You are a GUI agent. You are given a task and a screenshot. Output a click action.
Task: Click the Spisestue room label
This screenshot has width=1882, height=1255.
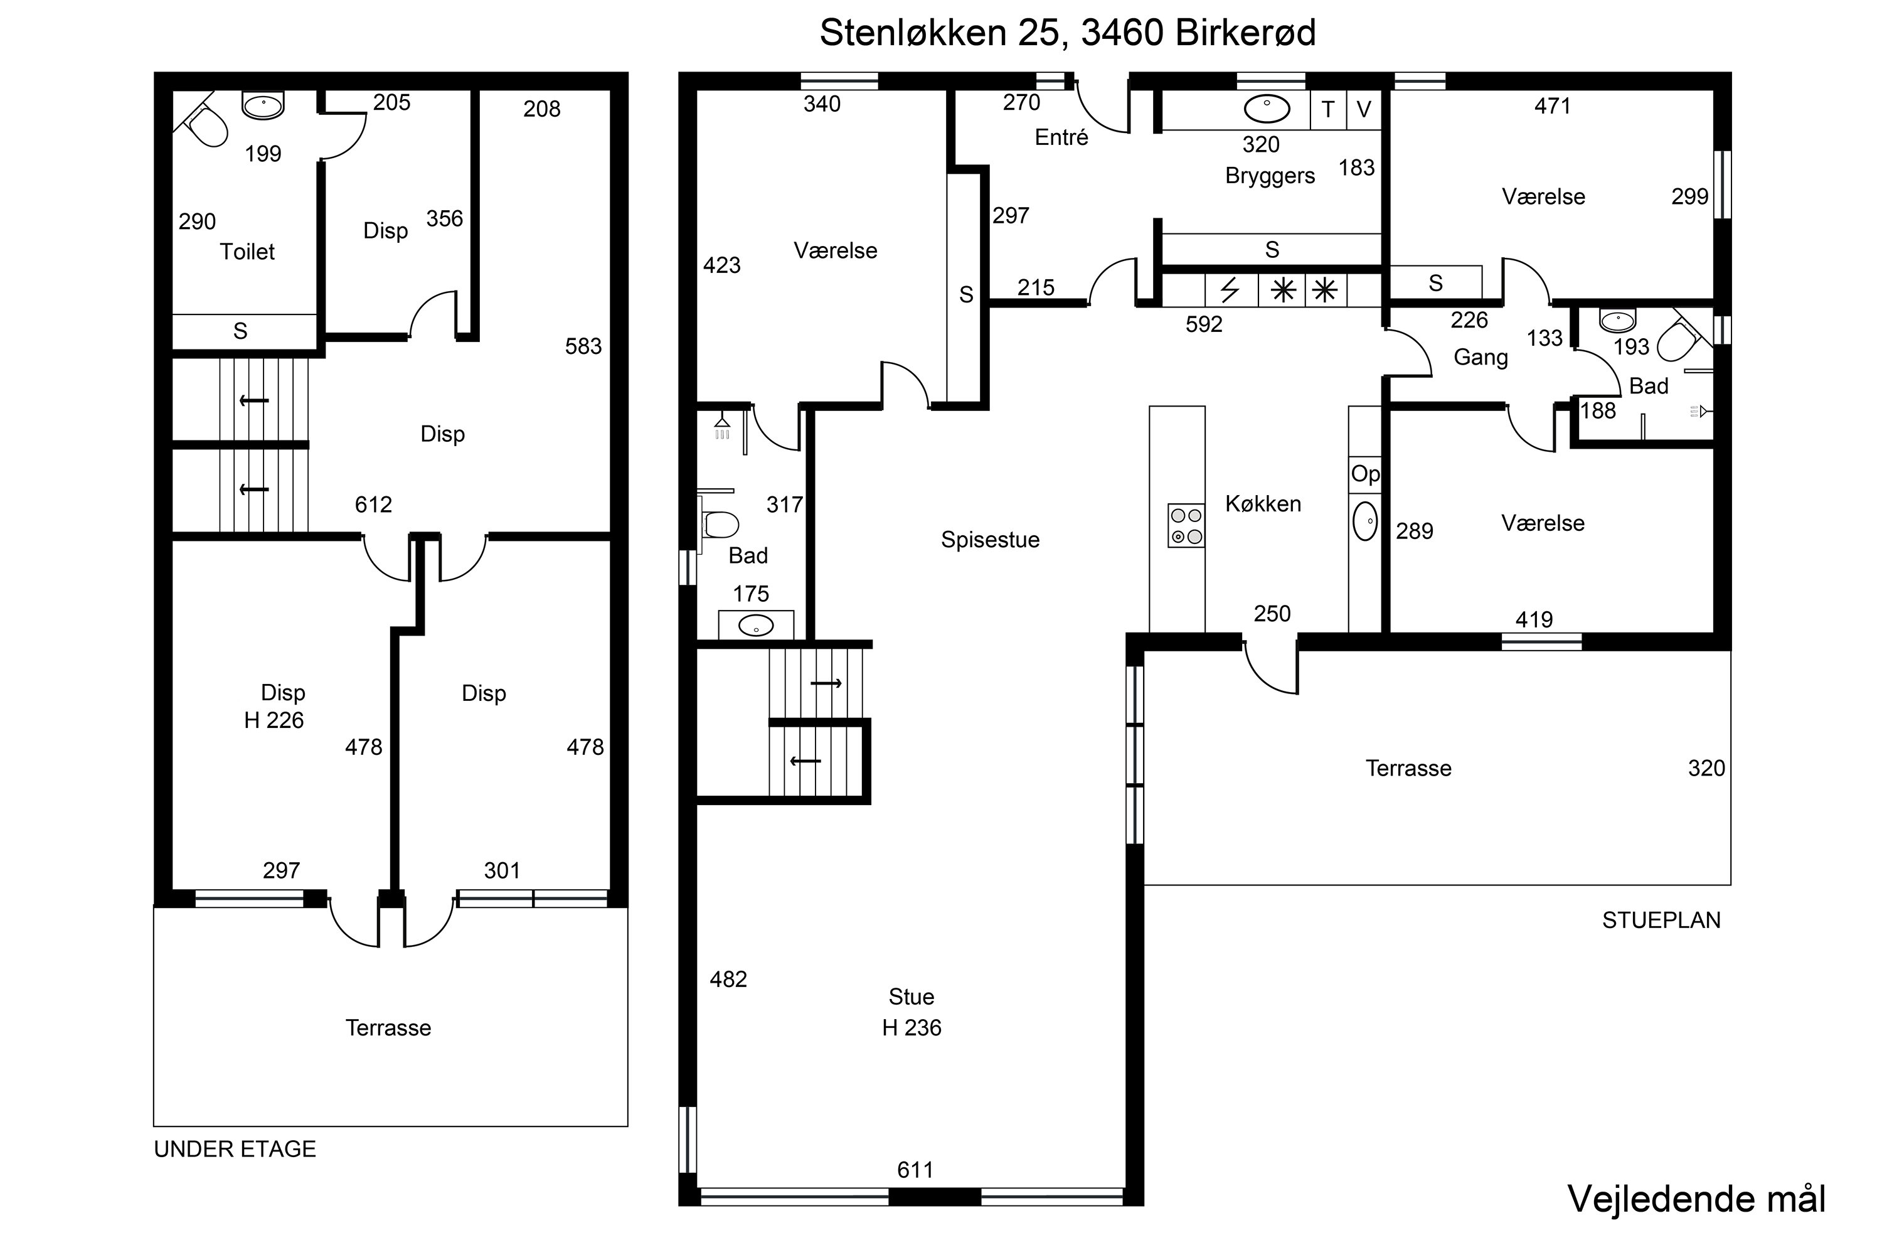(990, 540)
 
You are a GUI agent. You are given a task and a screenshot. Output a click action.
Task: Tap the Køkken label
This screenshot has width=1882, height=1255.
(1263, 505)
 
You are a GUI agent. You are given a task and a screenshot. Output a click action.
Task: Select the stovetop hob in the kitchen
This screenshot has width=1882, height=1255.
(1186, 526)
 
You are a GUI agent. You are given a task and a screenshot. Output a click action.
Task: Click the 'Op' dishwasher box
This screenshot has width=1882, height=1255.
(1365, 474)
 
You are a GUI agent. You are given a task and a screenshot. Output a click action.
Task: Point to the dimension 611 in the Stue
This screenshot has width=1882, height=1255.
(915, 1170)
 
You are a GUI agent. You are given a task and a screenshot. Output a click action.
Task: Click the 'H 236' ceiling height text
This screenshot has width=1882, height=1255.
(912, 1028)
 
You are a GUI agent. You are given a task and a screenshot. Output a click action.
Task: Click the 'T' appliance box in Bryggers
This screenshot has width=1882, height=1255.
(1328, 110)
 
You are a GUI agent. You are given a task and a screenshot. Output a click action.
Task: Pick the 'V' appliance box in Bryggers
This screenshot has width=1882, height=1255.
(1365, 110)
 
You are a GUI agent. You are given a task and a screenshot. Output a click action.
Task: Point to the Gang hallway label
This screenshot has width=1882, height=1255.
(1481, 358)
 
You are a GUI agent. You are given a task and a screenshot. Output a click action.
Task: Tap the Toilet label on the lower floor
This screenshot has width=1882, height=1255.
(247, 252)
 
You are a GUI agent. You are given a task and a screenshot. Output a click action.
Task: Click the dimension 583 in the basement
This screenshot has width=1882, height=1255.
(583, 346)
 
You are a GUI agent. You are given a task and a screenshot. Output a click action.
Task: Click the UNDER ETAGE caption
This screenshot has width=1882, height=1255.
(235, 1150)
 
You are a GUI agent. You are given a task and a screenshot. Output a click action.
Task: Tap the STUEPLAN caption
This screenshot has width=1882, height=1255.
(1661, 921)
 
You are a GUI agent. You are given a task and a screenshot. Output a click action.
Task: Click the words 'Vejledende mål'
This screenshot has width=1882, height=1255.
(1696, 1199)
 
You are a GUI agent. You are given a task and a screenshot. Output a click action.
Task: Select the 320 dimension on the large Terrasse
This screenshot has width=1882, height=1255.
(1707, 768)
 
